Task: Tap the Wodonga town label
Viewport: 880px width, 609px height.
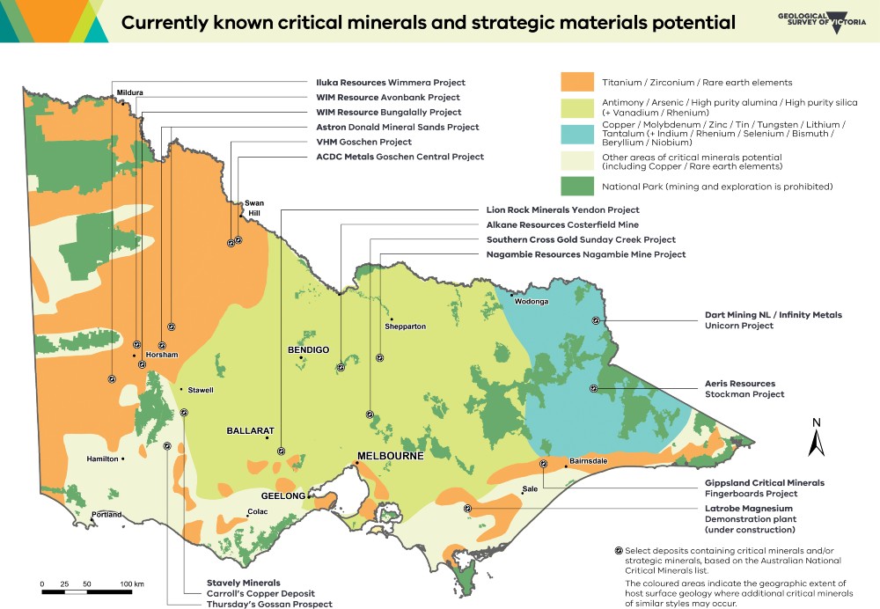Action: coord(531,302)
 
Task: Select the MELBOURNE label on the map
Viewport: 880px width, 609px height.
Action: coord(388,456)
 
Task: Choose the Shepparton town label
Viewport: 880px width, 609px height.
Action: coord(405,327)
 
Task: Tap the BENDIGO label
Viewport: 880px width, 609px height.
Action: coord(308,350)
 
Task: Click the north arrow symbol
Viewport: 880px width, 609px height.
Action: coord(816,437)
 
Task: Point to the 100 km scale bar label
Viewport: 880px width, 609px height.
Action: coord(133,584)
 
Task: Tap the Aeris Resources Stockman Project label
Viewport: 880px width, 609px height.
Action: coord(739,389)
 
